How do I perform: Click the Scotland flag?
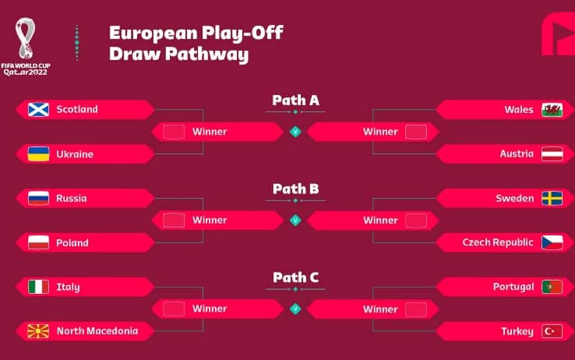38,109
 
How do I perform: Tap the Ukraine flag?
38,154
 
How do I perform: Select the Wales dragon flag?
552,110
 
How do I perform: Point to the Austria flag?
552,154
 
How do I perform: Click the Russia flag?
38,199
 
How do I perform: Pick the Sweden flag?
552,199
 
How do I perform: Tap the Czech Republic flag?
552,242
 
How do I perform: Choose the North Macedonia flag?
38,331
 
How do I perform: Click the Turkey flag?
552,331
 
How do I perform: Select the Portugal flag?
552,287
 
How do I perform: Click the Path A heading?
295,100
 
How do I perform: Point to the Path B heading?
295,189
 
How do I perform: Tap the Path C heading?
295,277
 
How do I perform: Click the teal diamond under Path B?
295,221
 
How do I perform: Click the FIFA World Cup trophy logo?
26,38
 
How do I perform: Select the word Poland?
72,242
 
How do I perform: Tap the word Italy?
69,287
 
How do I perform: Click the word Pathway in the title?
206,55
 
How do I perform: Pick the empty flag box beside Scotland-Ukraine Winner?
174,132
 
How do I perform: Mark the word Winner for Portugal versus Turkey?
380,309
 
